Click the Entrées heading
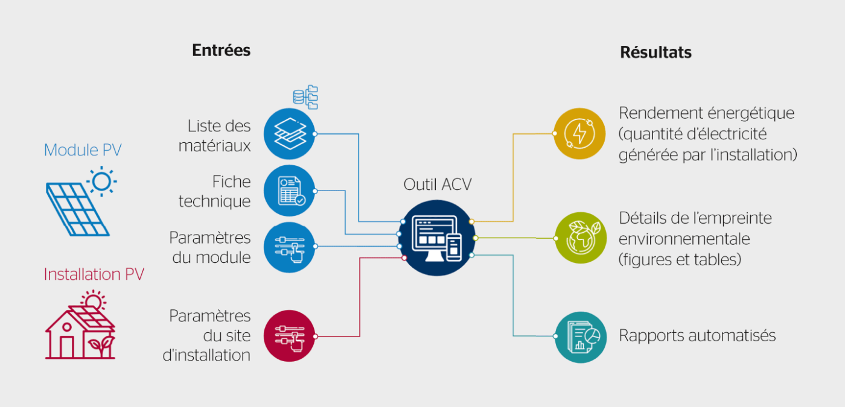(221, 50)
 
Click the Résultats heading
(655, 52)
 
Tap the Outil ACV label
(438, 184)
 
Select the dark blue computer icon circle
(437, 238)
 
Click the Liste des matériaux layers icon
(290, 133)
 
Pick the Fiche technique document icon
(290, 191)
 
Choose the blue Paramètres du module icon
(290, 247)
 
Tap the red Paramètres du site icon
(290, 336)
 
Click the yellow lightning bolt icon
(579, 133)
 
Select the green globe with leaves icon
(579, 238)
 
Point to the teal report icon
(579, 337)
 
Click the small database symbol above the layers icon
(305, 96)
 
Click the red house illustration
(80, 329)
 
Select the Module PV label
(83, 150)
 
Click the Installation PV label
(94, 274)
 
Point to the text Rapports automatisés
(697, 335)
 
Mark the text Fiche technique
(214, 191)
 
